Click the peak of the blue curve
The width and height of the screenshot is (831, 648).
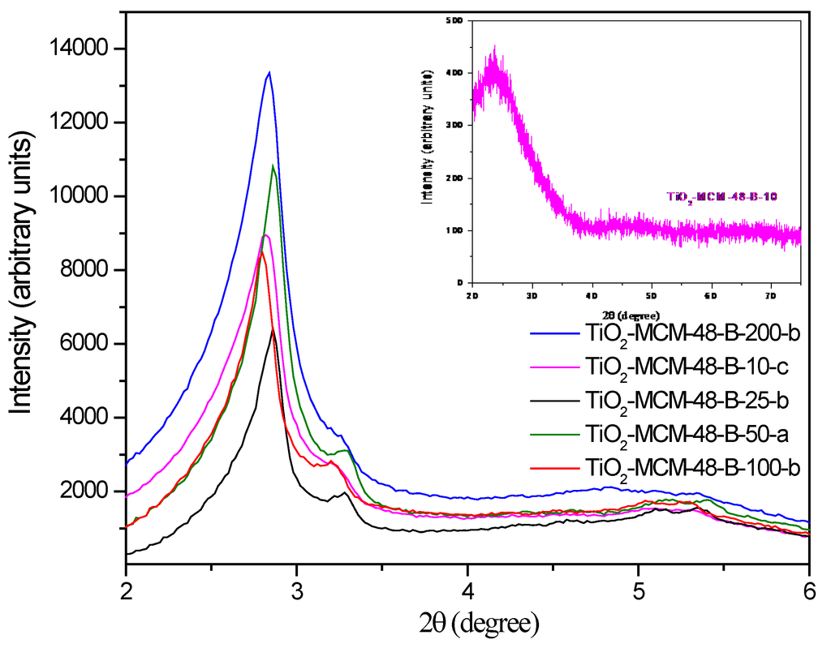(269, 72)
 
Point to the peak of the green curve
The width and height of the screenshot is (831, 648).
(273, 166)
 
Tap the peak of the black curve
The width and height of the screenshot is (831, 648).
(273, 329)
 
